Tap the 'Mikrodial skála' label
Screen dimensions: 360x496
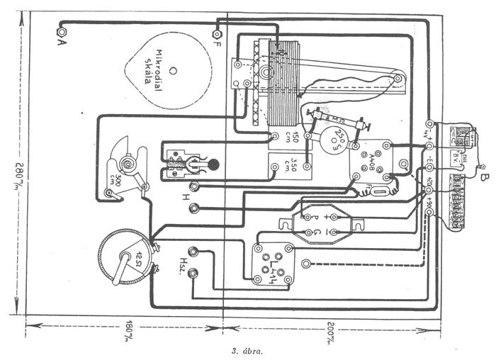[x=157, y=67]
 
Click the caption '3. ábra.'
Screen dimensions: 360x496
[x=245, y=351]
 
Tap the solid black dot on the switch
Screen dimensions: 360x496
[x=212, y=164]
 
